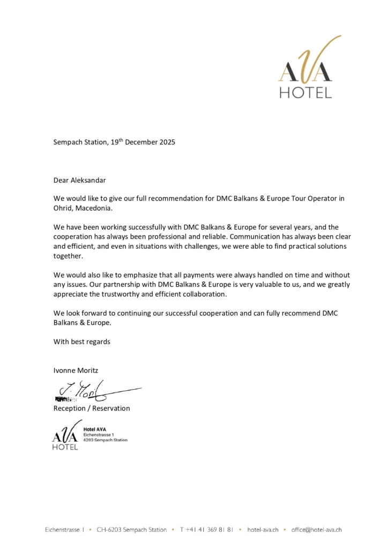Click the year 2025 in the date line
166,143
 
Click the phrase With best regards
81,342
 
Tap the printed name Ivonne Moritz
76,370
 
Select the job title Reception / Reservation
92,408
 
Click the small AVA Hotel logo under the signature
65,435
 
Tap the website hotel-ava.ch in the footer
263,530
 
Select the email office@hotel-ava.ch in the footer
317,530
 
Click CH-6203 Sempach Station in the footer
131,530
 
